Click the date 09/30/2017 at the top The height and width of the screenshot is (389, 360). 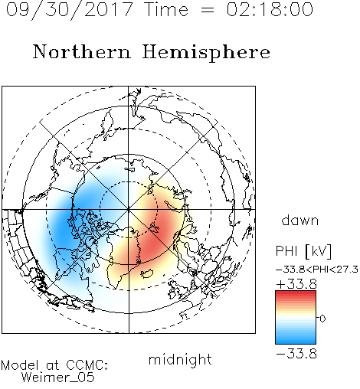[x=69, y=10]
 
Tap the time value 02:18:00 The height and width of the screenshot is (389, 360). [x=270, y=9]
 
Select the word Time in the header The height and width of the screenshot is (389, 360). [x=166, y=9]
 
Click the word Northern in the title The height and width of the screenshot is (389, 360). [x=82, y=51]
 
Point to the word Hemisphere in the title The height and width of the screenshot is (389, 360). [x=206, y=53]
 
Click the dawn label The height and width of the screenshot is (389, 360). [x=300, y=221]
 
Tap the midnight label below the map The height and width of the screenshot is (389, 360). [x=180, y=359]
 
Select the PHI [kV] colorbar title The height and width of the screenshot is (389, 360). [x=303, y=251]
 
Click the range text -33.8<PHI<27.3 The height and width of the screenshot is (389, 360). [x=317, y=270]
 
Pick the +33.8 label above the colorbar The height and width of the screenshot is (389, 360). [x=296, y=284]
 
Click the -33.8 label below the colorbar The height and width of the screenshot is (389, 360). [x=296, y=354]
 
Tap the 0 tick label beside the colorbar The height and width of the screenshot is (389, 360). [x=322, y=319]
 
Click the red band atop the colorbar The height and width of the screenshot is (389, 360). [x=296, y=295]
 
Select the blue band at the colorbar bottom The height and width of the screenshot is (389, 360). [x=296, y=339]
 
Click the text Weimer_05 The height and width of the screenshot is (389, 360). [x=58, y=378]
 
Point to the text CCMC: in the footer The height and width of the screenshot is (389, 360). [x=87, y=365]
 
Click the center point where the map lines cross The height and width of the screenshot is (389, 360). [x=129, y=210]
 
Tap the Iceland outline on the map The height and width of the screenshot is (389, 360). [x=147, y=273]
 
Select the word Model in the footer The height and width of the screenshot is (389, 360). [x=20, y=365]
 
